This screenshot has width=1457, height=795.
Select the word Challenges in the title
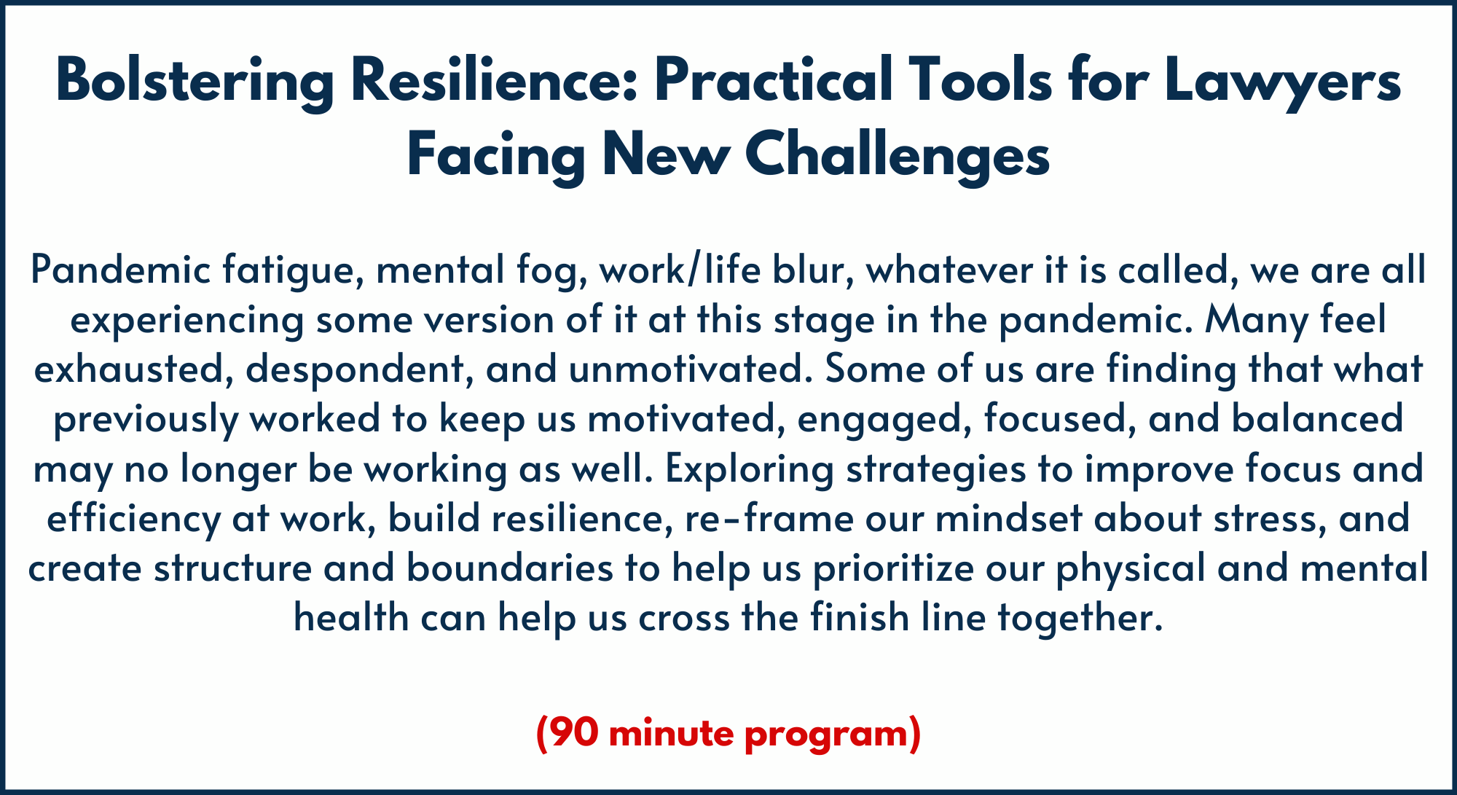click(898, 156)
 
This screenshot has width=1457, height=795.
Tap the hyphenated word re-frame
click(769, 518)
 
